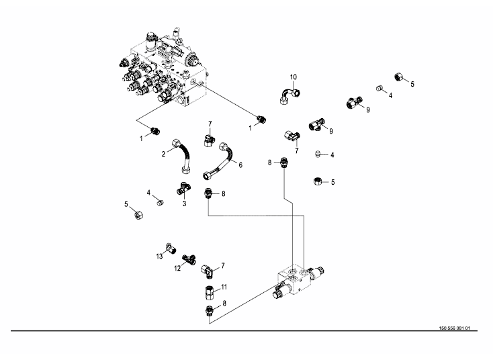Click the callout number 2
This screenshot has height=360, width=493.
[x=163, y=154]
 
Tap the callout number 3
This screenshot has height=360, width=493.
[x=184, y=204]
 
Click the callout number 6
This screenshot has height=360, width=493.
[x=240, y=165]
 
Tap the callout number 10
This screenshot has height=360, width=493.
[x=293, y=77]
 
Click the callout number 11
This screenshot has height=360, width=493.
[x=224, y=287]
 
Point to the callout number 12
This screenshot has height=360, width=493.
[x=177, y=269]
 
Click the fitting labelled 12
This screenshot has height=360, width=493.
[x=189, y=259]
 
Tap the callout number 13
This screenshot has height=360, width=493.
[x=159, y=257]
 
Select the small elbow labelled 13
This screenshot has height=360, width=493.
[x=171, y=249]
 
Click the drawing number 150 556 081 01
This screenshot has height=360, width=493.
[x=454, y=328]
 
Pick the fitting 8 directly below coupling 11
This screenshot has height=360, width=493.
[x=209, y=310]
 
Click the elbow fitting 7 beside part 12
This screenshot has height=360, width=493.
[x=208, y=271]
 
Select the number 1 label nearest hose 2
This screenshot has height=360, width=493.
[x=141, y=138]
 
